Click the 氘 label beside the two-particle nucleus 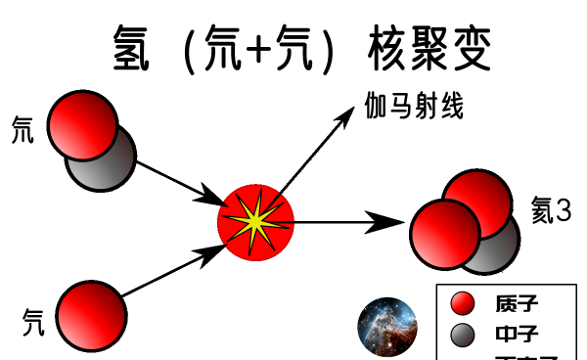(x=22, y=129)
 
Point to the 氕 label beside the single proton (x=33, y=317)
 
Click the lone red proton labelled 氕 (x=91, y=315)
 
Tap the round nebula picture (x=388, y=328)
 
